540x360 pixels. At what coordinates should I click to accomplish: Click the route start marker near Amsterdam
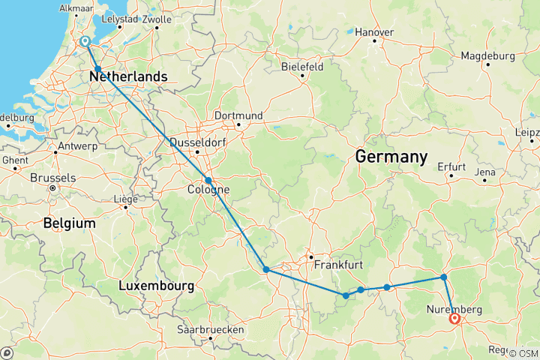(85, 42)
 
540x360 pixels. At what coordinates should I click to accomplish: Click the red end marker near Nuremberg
(455, 319)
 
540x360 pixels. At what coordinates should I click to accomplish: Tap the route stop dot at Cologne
(208, 180)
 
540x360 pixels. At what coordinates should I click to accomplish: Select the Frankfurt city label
(340, 265)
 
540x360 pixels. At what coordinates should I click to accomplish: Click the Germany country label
(391, 157)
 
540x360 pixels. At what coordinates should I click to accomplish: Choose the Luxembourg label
(156, 286)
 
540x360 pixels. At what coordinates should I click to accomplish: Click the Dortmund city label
(238, 115)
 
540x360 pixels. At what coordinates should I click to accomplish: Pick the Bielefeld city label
(302, 66)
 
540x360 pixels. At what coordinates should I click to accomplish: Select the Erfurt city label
(451, 166)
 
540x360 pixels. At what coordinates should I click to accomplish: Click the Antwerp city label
(55, 144)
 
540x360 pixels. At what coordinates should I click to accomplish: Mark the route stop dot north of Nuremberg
(444, 277)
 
